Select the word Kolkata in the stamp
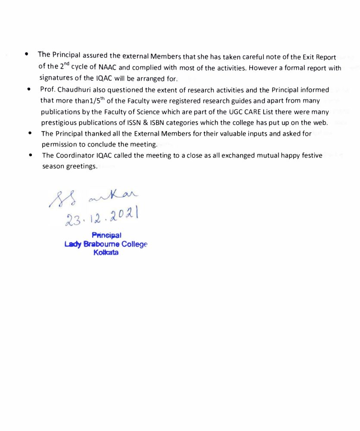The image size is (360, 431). pos(106,253)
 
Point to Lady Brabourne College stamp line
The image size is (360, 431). pos(106,244)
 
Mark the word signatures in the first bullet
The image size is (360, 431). pos(56,78)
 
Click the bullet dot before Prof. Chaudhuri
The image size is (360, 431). pos(28,90)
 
